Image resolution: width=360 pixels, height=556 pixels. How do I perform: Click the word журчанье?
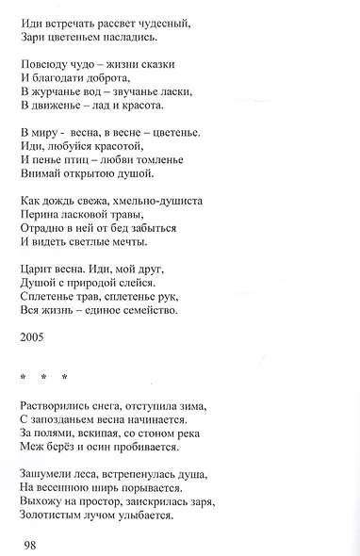tap(57, 92)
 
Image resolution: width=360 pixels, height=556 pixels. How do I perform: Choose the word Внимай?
tap(41, 173)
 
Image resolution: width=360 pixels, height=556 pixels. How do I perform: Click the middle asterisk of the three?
tap(43, 378)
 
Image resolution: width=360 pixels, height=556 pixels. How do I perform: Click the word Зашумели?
tap(48, 474)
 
